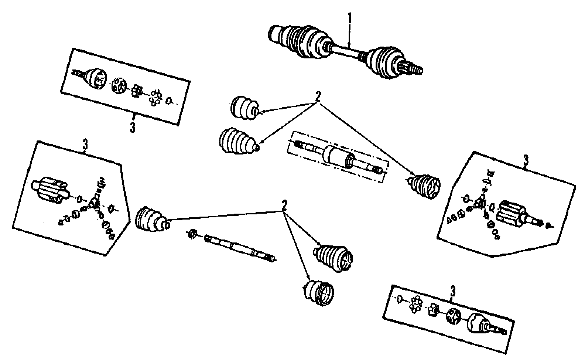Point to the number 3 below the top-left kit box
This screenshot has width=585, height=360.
coord(133,127)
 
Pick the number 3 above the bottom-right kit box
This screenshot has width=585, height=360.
coord(453,292)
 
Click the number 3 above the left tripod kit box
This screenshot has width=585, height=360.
coord(85,146)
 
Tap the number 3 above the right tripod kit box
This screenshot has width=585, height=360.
coord(526,161)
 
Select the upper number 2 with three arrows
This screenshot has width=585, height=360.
coord(318,97)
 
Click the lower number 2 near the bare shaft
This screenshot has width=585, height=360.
coord(284,206)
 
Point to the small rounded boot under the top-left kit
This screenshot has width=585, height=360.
coord(244,108)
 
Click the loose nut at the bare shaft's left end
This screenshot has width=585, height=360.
coord(192,234)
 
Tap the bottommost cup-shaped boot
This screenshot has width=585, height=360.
coord(318,293)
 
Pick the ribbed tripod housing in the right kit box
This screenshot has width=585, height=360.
coord(510,214)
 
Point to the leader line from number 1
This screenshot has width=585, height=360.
coord(349,37)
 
